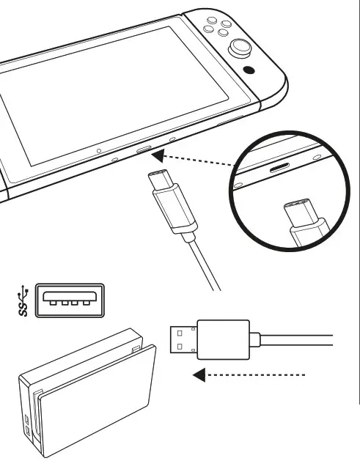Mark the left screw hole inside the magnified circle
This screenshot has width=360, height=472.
[x=238, y=185]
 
